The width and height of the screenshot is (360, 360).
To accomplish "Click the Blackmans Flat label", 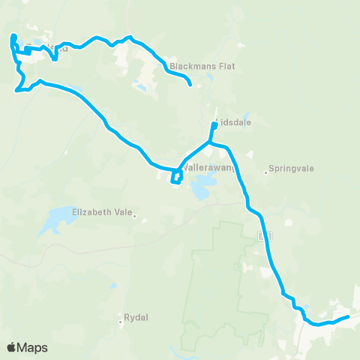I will [202, 66].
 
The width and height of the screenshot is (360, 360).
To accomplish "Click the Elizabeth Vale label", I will [101, 211].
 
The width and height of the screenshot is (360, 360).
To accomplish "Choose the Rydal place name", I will [137, 316].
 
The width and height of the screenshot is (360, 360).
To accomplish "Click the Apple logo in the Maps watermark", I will [12, 347].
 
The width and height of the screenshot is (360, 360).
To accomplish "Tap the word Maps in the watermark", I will [34, 347].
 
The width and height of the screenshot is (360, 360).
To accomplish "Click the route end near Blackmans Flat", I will [190, 84].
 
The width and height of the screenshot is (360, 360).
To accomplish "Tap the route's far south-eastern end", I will [347, 317].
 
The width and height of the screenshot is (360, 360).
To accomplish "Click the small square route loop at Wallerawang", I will [175, 176].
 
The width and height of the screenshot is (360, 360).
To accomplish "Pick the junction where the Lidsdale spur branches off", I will [211, 142].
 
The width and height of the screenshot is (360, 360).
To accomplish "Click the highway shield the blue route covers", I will [263, 236].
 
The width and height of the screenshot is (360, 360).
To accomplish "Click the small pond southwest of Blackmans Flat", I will [140, 88].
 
